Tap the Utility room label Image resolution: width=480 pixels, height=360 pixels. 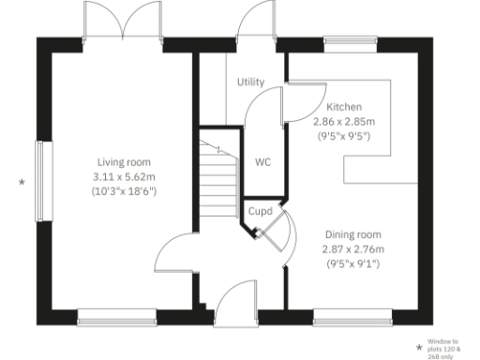coord(250,82)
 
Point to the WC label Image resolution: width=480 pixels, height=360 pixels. coord(263,161)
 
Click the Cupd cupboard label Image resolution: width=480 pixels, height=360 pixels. coord(260,212)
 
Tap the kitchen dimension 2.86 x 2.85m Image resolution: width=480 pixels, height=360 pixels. coord(344,122)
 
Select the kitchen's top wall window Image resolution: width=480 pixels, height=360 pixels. coord(350,43)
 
